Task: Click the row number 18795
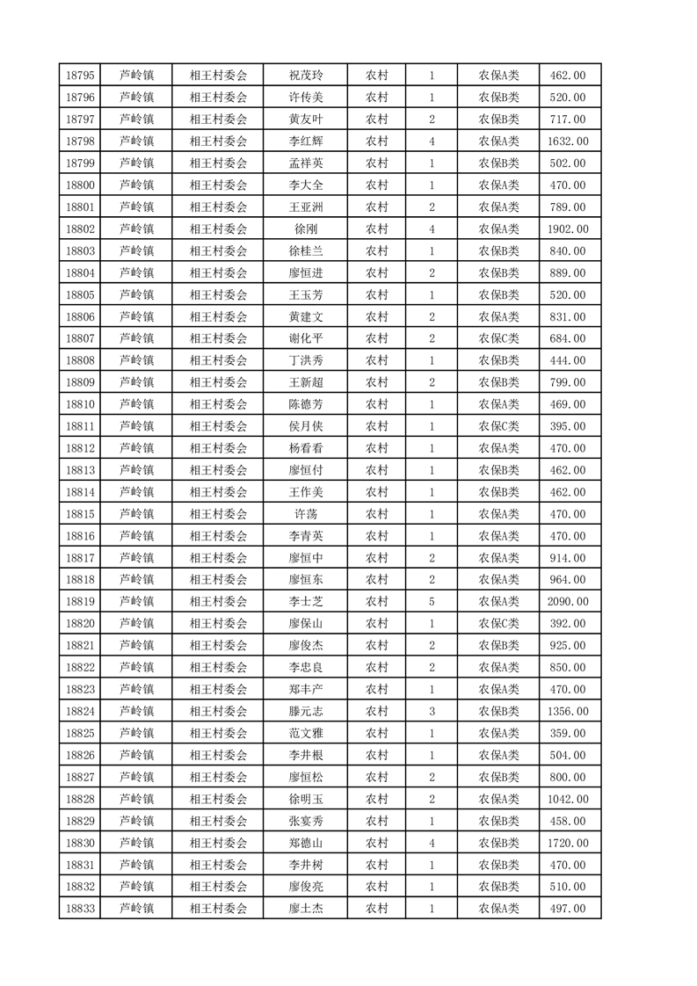click(x=80, y=76)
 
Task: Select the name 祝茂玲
click(x=305, y=76)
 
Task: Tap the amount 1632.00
click(x=567, y=141)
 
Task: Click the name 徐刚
click(x=305, y=229)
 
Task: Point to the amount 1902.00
click(x=567, y=229)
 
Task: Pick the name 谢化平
click(x=305, y=338)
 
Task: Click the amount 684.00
click(x=567, y=338)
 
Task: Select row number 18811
click(x=80, y=426)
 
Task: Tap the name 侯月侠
click(x=305, y=426)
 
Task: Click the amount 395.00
click(x=567, y=426)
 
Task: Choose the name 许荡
click(x=305, y=514)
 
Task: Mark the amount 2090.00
click(x=567, y=602)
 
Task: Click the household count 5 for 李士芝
click(x=432, y=602)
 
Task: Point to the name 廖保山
click(x=305, y=624)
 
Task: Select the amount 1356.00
click(x=567, y=712)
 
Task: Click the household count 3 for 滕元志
click(x=432, y=712)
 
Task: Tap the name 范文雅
click(x=305, y=734)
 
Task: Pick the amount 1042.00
click(x=567, y=799)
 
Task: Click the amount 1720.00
click(x=567, y=843)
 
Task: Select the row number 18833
click(x=80, y=909)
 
